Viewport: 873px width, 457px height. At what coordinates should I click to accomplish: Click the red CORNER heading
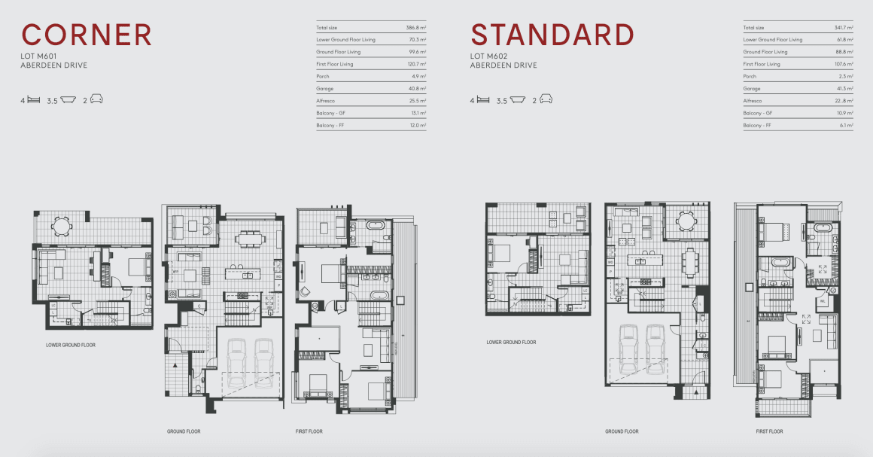[x=87, y=35]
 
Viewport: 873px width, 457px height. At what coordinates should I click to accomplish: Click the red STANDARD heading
[x=552, y=35]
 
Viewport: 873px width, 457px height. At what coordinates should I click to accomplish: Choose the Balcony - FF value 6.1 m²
[x=845, y=125]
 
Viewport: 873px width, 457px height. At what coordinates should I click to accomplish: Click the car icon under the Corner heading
[x=96, y=99]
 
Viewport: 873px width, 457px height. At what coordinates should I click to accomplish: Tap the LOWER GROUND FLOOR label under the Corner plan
[x=71, y=346]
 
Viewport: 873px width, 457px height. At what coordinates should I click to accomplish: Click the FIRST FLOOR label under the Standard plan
[x=769, y=431]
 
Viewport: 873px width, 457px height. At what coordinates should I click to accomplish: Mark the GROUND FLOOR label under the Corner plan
[x=184, y=431]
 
